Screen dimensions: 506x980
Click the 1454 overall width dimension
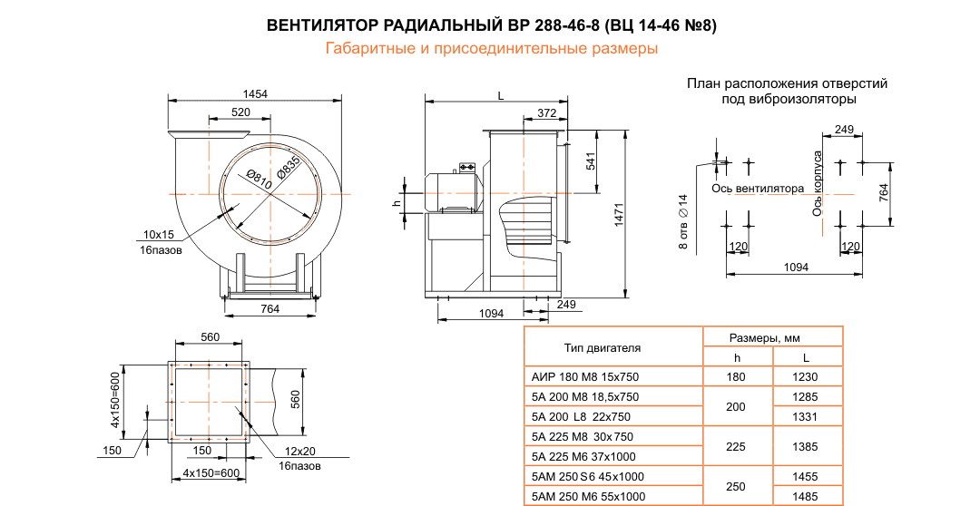(256, 93)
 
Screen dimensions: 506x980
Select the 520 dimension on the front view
(240, 112)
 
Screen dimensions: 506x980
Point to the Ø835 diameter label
(288, 169)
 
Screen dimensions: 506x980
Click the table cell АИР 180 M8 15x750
(584, 377)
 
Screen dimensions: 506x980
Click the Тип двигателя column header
(603, 347)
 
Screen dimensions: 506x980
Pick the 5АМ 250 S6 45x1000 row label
(587, 476)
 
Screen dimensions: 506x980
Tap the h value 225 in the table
(736, 446)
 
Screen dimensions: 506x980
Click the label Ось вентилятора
(758, 190)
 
